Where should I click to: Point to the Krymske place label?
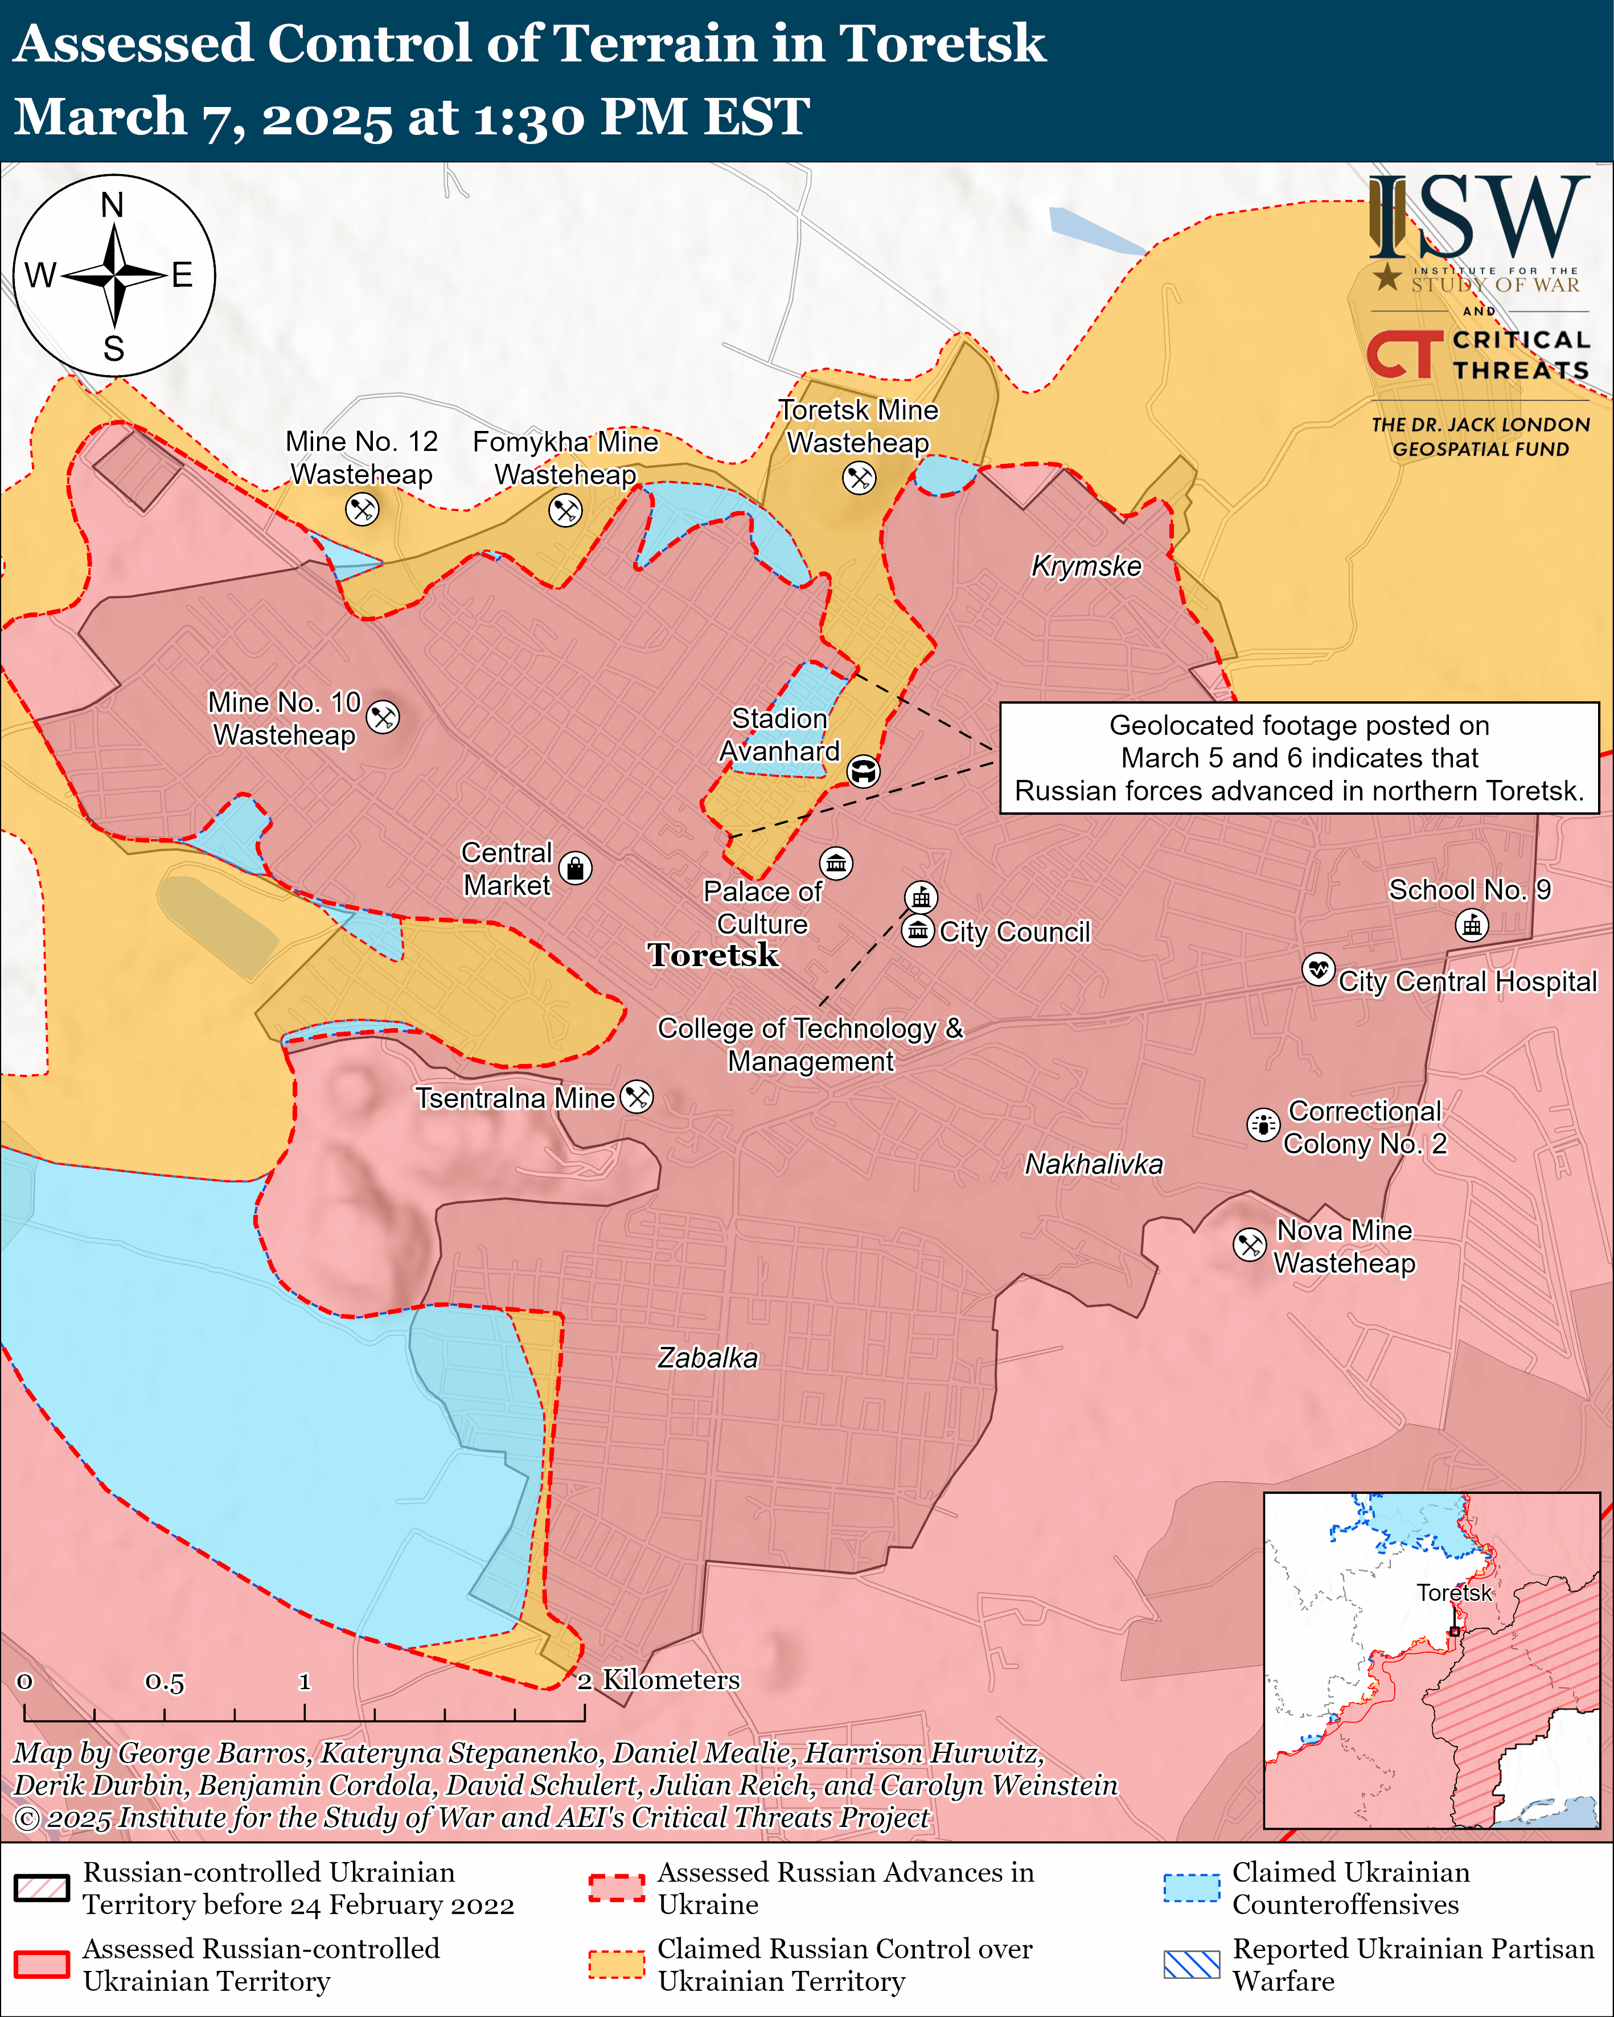[1086, 566]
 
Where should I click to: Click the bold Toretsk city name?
[713, 955]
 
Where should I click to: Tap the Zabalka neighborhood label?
[707, 1357]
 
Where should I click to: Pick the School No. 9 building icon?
[1472, 925]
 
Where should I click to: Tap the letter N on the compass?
[112, 205]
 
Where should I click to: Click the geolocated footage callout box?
[1299, 758]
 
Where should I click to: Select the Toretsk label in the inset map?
[1454, 1593]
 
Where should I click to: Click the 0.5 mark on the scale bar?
[165, 1683]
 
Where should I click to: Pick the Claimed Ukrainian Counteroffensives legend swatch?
[1191, 1888]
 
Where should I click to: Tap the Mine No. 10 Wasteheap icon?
[383, 717]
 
